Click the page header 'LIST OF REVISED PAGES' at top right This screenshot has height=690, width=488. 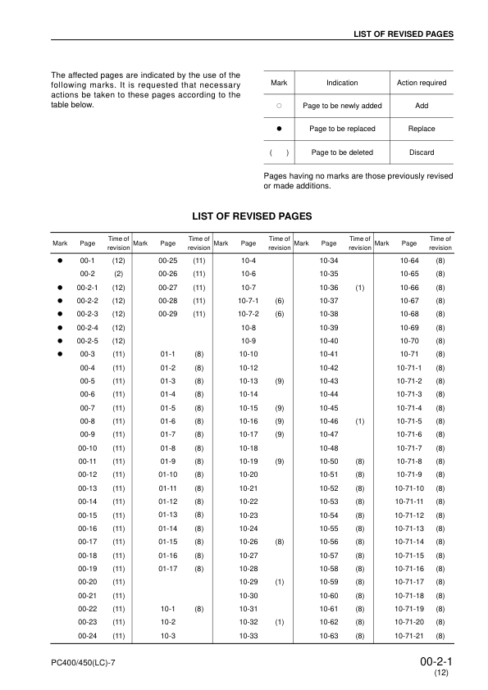click(404, 34)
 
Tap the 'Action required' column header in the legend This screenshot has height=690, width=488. click(421, 83)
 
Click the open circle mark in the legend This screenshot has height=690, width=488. click(279, 106)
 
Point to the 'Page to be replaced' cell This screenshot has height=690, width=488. click(342, 129)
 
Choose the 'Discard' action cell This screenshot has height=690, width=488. click(421, 152)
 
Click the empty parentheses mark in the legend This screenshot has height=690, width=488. click(279, 152)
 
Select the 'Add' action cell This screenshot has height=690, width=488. click(421, 106)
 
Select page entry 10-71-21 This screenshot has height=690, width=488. click(408, 635)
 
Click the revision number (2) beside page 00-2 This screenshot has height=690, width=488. click(118, 274)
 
